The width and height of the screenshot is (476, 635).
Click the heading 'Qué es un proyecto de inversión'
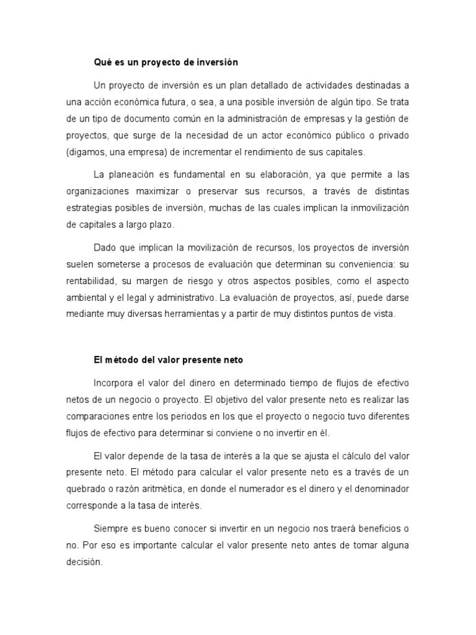tap(165, 63)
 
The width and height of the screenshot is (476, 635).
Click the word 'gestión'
tap(383, 118)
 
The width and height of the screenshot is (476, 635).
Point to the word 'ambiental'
tap(86, 298)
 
